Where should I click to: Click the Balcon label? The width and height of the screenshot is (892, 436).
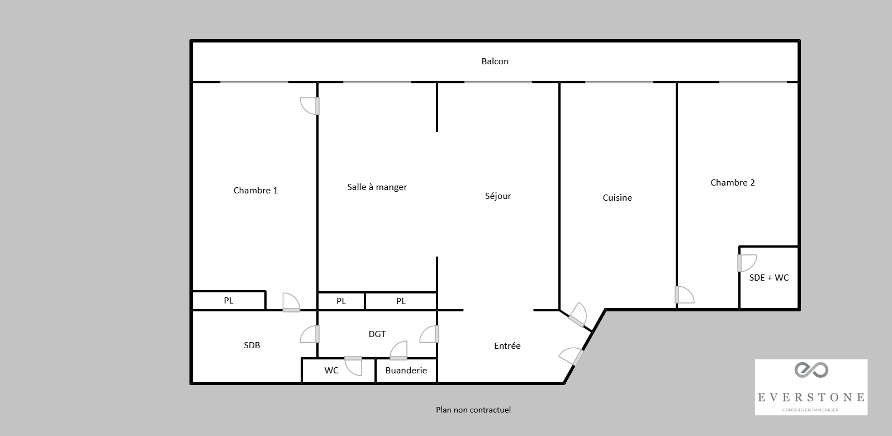[x=495, y=61]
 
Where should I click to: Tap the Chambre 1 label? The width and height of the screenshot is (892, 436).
[x=255, y=190]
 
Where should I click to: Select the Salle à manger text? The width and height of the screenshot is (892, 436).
[x=377, y=187]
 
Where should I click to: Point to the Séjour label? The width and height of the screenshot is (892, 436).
[x=498, y=196]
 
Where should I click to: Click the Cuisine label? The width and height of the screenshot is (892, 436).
[x=617, y=197]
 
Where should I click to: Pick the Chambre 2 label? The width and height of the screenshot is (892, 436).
[x=733, y=182]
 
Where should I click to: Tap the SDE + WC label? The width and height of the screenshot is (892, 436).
[x=769, y=277]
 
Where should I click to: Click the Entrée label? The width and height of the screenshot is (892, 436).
[x=507, y=345]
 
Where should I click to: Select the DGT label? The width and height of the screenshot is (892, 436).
[x=377, y=334]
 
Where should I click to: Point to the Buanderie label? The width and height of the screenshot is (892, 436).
[x=406, y=370]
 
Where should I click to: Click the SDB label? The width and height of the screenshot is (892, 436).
[x=252, y=345]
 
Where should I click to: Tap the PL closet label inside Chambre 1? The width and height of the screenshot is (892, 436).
[x=229, y=300]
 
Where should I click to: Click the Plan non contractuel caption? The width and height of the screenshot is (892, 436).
[x=473, y=410]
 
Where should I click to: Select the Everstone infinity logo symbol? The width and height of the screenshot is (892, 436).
[x=812, y=370]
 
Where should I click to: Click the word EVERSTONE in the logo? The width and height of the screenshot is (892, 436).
[x=811, y=397]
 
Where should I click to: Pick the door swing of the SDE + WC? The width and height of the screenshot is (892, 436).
[x=747, y=263]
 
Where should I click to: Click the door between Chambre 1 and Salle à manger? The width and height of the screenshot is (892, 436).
[x=310, y=106]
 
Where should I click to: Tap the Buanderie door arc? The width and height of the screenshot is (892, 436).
[x=398, y=350]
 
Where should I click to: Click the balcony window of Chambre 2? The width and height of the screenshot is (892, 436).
[x=753, y=82]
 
